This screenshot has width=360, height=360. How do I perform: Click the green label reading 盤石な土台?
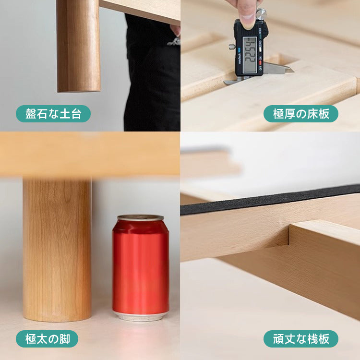(x=53, y=114)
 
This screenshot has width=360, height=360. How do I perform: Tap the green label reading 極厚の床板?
(x=301, y=114)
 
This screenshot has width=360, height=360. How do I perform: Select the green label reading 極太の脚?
(x=47, y=339)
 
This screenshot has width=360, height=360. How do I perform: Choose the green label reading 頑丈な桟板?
(x=301, y=339)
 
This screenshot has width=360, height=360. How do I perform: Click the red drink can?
(x=141, y=268)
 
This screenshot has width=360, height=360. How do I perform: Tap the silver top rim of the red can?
(x=141, y=217)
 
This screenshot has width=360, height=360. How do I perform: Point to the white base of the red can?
(x=141, y=316)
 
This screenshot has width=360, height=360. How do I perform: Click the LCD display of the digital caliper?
(x=250, y=55)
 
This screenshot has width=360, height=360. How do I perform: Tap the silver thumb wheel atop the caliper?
(x=261, y=14)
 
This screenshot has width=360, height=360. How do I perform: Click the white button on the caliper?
(x=260, y=49)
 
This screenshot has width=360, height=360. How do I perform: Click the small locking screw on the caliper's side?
(x=231, y=47)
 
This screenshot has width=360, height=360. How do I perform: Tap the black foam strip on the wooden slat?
(x=270, y=200)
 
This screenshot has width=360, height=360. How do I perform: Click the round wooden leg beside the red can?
(x=57, y=250)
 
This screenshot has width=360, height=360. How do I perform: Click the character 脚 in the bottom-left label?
(x=65, y=339)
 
